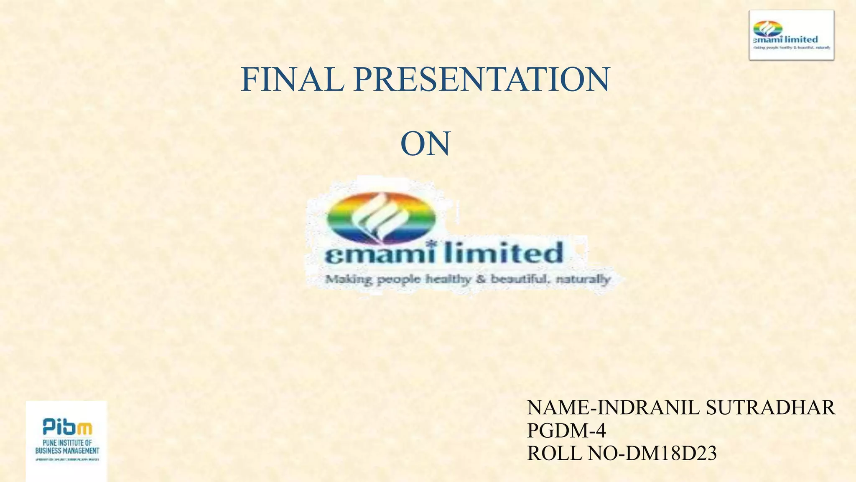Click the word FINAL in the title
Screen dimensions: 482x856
point(292,79)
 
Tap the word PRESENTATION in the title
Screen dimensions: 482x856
point(481,79)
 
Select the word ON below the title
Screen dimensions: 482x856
point(425,144)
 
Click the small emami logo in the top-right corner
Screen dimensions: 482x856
point(791,35)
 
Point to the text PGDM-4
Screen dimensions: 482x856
point(566,431)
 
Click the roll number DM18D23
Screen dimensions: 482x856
point(670,453)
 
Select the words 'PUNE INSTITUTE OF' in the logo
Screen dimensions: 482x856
point(67,443)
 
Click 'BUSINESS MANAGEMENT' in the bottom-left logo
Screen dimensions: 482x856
point(67,451)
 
